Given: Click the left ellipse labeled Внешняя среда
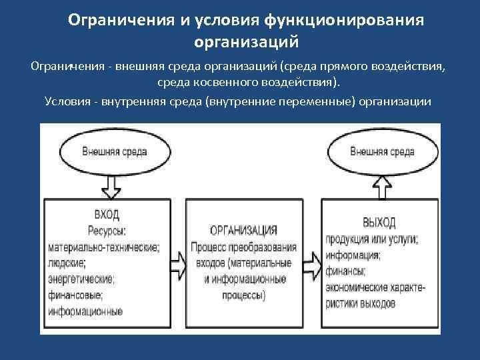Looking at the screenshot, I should (x=115, y=151).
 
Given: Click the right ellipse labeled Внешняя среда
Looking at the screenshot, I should (x=381, y=151).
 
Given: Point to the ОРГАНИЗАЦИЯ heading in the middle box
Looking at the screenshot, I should (x=244, y=230).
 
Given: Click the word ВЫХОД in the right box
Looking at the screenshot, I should (x=379, y=222).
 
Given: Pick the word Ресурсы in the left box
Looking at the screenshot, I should (x=107, y=231).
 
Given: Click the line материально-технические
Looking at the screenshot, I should (x=104, y=247).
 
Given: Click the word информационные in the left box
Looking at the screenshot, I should (x=84, y=311).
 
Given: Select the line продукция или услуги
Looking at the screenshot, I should (x=372, y=239).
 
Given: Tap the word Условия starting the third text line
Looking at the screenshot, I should (x=65, y=101).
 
